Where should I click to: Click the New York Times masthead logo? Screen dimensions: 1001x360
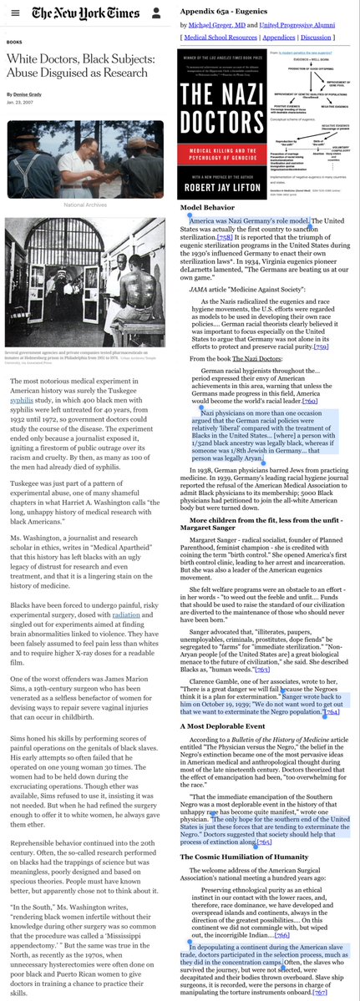[x=87, y=14]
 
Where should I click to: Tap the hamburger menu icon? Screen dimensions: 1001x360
[x=12, y=14]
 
